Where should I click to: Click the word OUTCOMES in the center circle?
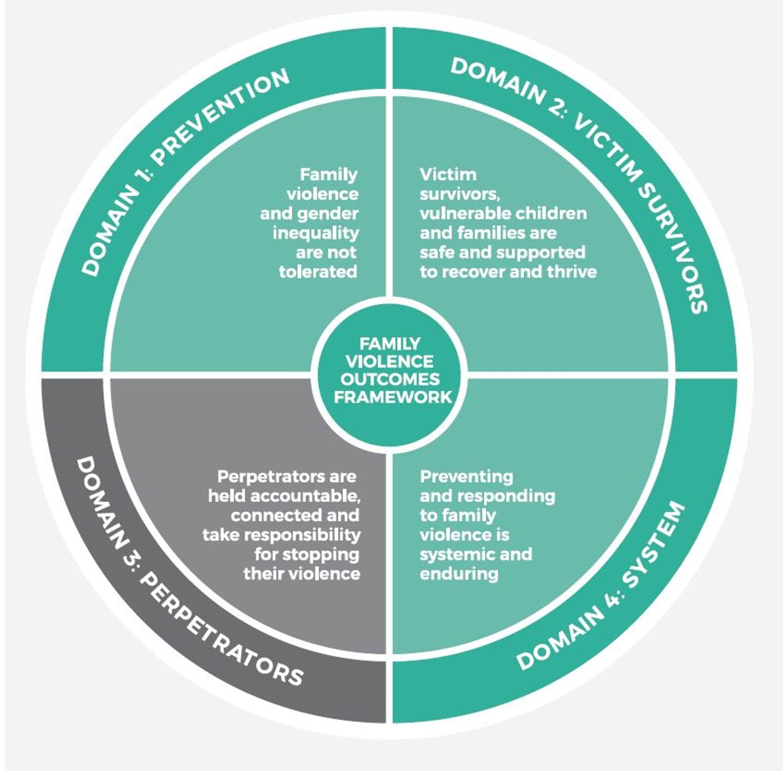pyautogui.click(x=390, y=379)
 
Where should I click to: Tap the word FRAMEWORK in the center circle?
pyautogui.click(x=393, y=397)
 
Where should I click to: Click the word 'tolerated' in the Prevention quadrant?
pyautogui.click(x=318, y=272)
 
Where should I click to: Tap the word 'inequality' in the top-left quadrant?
pyautogui.click(x=316, y=233)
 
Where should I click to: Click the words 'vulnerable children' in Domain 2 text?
pyautogui.click(x=503, y=213)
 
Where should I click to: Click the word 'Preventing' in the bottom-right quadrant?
pyautogui.click(x=466, y=476)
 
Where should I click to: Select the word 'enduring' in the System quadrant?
pyautogui.click(x=459, y=574)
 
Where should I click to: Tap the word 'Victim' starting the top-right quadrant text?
pyautogui.click(x=448, y=174)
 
